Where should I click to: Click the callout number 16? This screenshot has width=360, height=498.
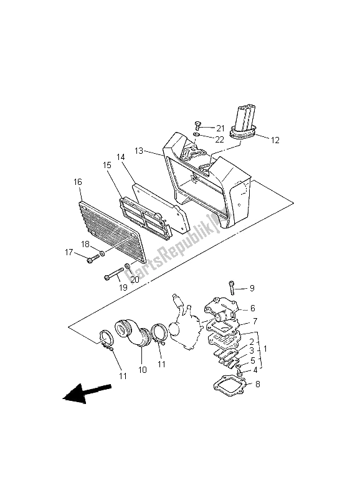coord(78,182)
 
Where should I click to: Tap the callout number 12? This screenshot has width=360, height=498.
coord(275,140)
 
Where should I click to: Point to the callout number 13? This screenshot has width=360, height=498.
coord(139,151)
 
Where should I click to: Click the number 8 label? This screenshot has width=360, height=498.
coord(258,384)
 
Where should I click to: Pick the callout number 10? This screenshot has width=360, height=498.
coord(143,370)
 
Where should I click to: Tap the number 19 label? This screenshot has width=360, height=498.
coord(123,288)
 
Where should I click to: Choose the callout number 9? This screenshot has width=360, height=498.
coord(252,288)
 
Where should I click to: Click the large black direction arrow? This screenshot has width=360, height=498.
coord(87,393)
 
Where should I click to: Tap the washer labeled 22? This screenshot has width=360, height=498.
coord(197,136)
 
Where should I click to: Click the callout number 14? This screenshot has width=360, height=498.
coord(120,157)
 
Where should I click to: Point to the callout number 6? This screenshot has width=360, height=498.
coord(253,308)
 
